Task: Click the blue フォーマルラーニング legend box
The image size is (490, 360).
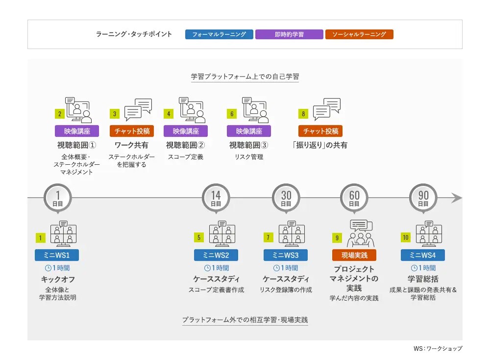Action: tap(219, 34)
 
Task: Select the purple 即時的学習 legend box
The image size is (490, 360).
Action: tap(289, 34)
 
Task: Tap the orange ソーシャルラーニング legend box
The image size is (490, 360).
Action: tap(359, 34)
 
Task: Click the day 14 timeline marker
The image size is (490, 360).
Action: tap(216, 198)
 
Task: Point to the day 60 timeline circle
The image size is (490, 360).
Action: tap(354, 198)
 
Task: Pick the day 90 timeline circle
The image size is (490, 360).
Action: tap(423, 198)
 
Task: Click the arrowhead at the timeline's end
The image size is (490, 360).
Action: tap(457, 198)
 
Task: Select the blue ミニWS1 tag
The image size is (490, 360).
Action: tap(57, 255)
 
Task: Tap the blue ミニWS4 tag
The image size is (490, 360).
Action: tap(423, 255)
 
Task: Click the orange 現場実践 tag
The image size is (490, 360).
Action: tap(354, 255)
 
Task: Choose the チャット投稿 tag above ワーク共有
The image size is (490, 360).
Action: tap(132, 131)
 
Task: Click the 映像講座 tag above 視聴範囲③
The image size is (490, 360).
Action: tap(249, 131)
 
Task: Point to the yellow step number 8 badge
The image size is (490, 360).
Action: tap(303, 114)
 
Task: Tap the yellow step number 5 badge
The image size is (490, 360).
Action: tap(199, 237)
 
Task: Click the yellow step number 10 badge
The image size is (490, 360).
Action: tap(406, 237)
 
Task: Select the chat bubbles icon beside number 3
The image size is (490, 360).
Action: tap(138, 109)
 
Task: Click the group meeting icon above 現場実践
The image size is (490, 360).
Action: tap(361, 233)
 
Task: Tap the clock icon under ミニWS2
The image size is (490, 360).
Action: tap(207, 268)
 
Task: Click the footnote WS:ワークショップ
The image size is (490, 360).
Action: tap(438, 348)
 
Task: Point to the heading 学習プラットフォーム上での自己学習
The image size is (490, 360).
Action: tap(245, 77)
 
